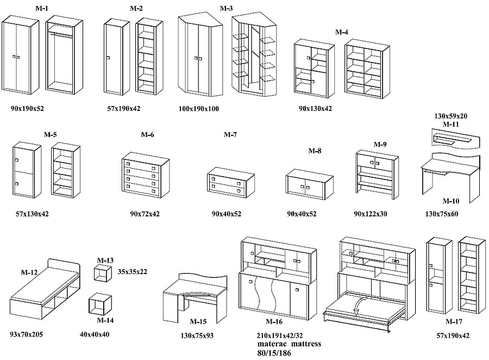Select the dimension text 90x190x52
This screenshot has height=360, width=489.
pos(27,109)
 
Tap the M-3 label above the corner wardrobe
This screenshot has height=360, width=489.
pos(227,9)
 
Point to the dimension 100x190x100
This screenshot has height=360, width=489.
pos(198,109)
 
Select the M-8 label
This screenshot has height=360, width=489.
pos(315,151)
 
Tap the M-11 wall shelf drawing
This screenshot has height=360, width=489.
pos(456,140)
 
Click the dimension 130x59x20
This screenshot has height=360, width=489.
pos(451,116)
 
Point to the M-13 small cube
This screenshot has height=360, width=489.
pos(101,274)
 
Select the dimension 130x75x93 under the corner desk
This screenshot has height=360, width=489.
pos(197,336)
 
